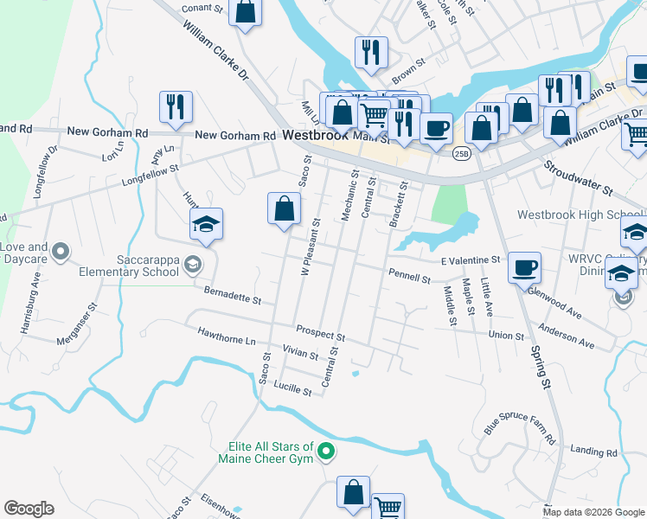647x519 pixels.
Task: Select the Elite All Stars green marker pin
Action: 326,451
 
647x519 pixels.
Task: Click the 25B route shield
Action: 460,152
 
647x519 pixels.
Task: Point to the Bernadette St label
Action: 233,299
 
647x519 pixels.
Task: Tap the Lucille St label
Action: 294,391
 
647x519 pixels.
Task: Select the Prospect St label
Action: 320,330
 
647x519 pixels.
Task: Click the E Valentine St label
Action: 471,259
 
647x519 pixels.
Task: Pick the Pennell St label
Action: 410,279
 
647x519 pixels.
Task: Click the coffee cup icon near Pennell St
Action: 524,267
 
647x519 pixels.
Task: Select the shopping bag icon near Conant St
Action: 246,12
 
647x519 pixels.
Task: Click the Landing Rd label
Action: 593,452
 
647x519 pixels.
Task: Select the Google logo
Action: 29,509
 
